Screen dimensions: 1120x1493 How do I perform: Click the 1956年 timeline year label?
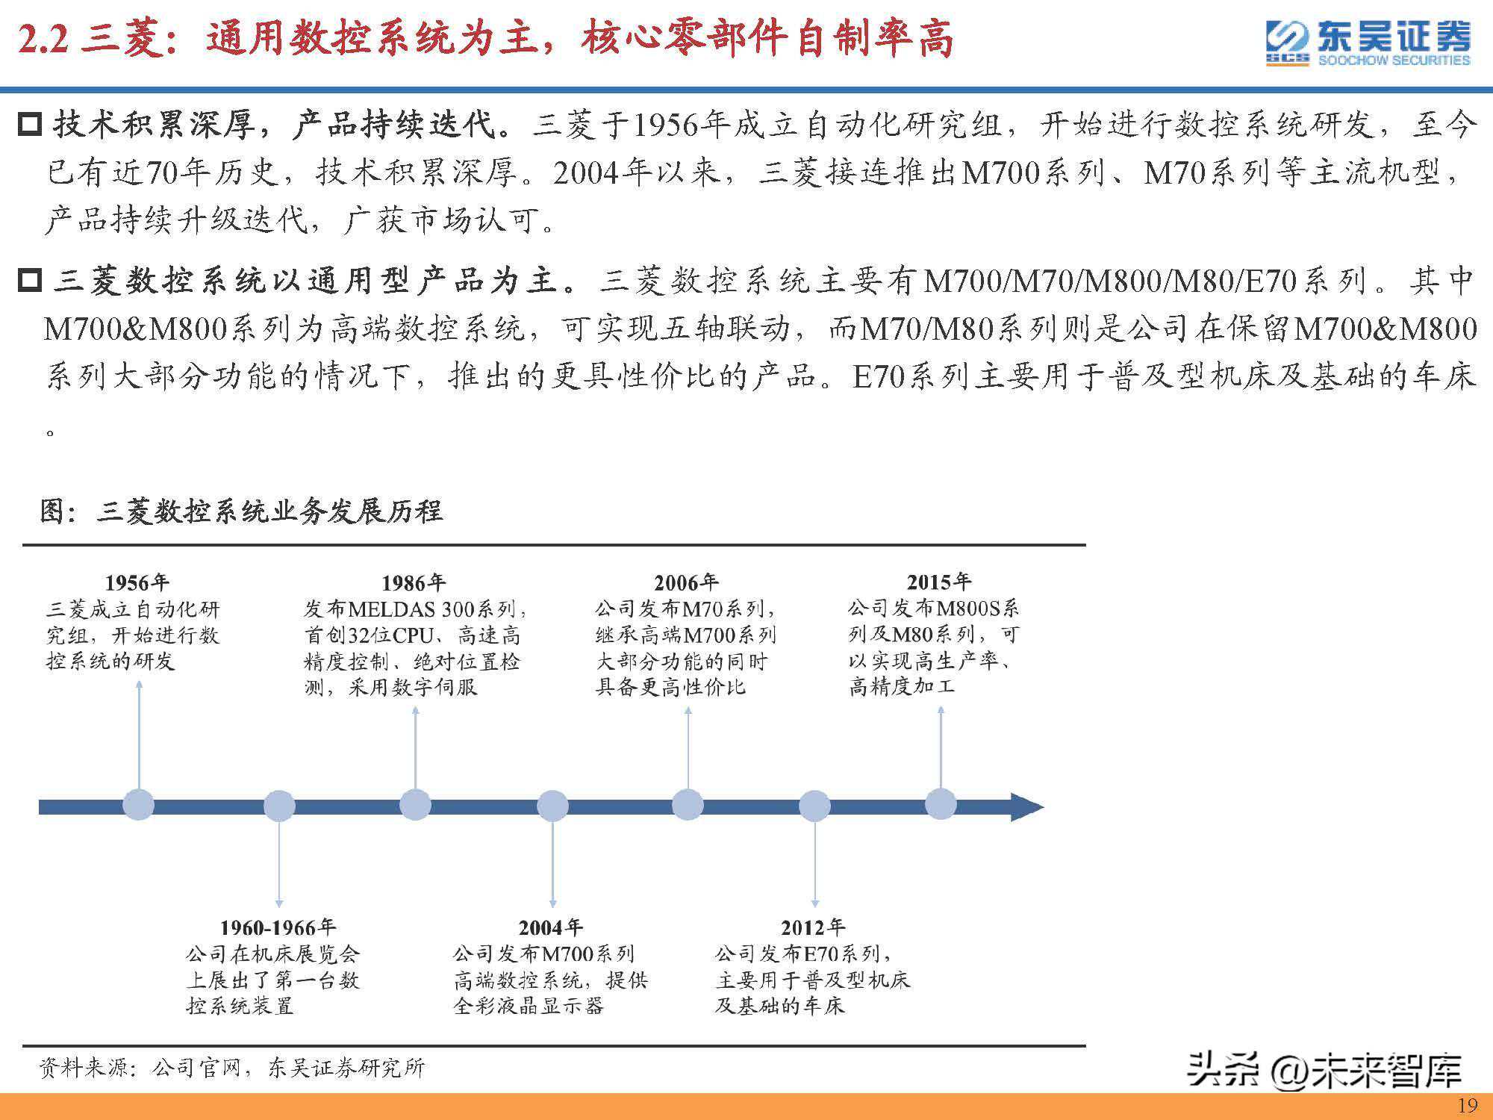(137, 583)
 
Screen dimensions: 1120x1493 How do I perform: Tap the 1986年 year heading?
(414, 583)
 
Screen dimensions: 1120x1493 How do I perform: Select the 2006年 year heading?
(686, 583)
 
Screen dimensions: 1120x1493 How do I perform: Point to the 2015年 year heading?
(939, 582)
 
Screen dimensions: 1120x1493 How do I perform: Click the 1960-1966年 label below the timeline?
(278, 928)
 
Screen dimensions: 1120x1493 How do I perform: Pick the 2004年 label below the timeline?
(551, 928)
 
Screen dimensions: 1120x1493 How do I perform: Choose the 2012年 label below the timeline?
(813, 928)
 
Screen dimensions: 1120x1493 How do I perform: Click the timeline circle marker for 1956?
(138, 805)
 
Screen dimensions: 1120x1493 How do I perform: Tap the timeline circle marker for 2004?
(552, 806)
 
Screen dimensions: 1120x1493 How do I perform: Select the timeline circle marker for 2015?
(941, 804)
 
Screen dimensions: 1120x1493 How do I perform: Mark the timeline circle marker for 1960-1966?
(279, 806)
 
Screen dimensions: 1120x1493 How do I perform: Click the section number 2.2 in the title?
(43, 40)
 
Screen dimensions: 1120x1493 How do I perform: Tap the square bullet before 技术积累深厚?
(29, 123)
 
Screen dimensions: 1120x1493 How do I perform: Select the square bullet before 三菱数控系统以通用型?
(29, 281)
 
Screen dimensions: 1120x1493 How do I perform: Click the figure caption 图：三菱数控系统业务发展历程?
(241, 511)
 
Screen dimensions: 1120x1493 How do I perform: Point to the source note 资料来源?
(231, 1068)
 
